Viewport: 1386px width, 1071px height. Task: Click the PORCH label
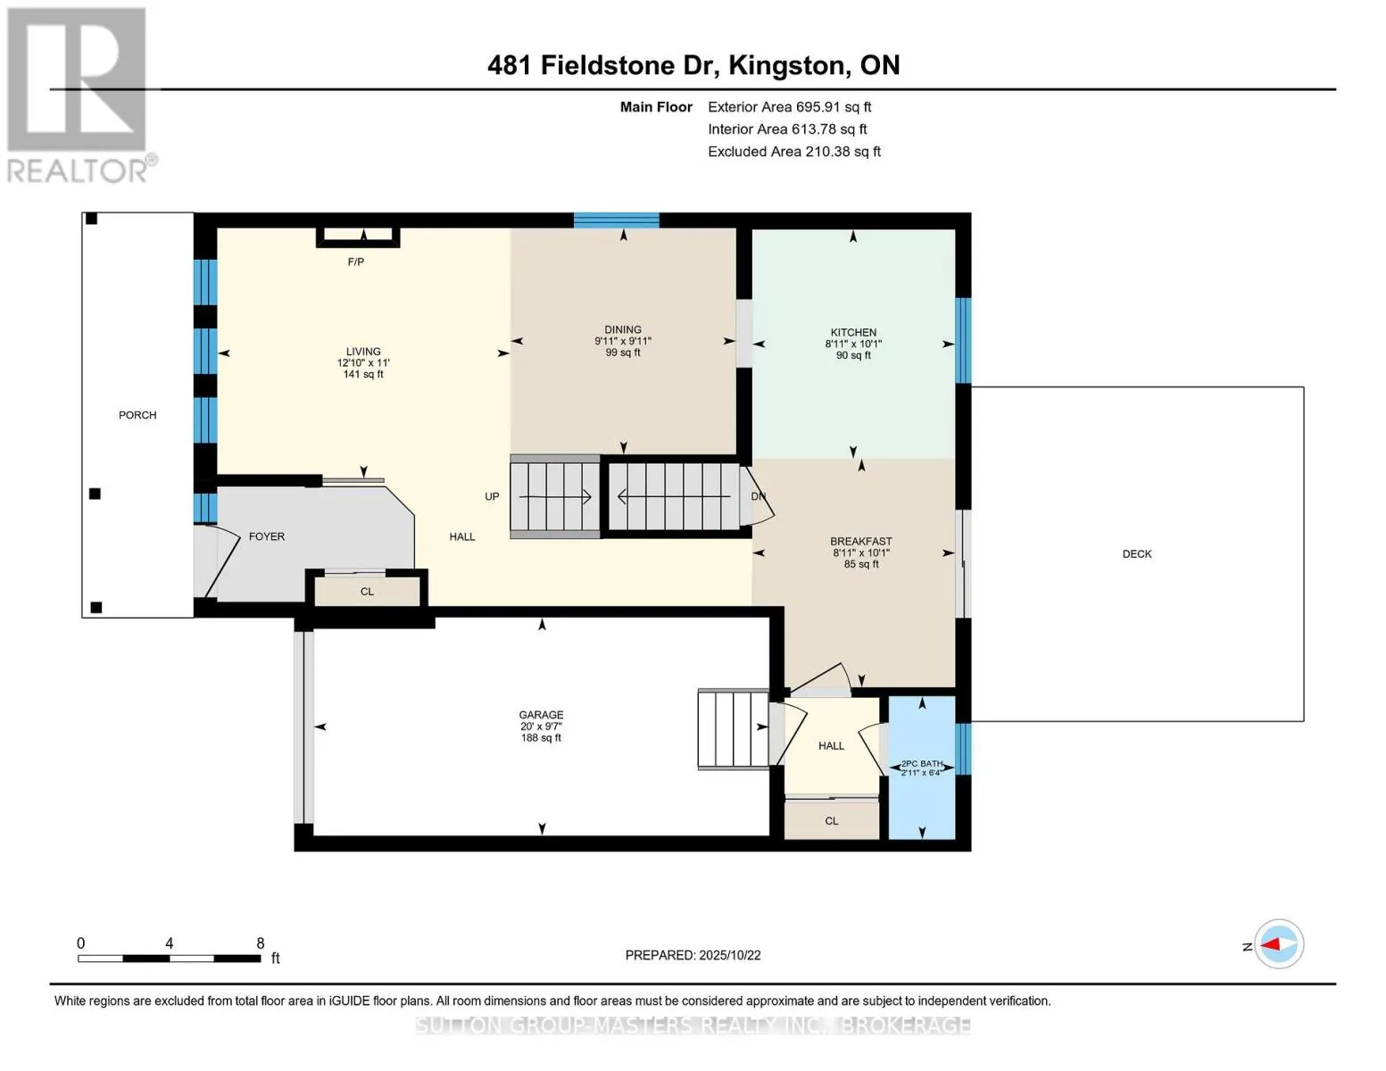pyautogui.click(x=137, y=415)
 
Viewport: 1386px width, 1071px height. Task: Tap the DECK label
pyautogui.click(x=1137, y=554)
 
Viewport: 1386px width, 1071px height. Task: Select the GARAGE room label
pyautogui.click(x=541, y=715)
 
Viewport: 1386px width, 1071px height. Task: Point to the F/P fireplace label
pyautogui.click(x=356, y=262)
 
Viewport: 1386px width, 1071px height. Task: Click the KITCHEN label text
pyautogui.click(x=853, y=332)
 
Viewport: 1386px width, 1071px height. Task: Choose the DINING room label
pyautogui.click(x=623, y=330)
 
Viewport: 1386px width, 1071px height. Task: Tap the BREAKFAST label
pyautogui.click(x=861, y=542)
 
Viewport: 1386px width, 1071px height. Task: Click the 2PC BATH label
pyautogui.click(x=922, y=764)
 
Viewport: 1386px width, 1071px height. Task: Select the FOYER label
pyautogui.click(x=267, y=536)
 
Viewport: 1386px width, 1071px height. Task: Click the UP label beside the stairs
pyautogui.click(x=492, y=496)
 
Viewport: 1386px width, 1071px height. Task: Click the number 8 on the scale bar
pyautogui.click(x=261, y=942)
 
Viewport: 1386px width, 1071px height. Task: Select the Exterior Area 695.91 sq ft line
pyautogui.click(x=789, y=107)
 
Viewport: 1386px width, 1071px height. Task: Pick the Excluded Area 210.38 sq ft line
pyautogui.click(x=794, y=152)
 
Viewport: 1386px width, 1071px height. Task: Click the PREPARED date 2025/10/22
pyautogui.click(x=730, y=955)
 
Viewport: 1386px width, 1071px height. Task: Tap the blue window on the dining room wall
pyautogui.click(x=616, y=220)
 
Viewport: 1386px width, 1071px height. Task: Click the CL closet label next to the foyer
pyautogui.click(x=367, y=592)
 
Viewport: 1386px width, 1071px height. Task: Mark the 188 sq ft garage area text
pyautogui.click(x=541, y=738)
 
